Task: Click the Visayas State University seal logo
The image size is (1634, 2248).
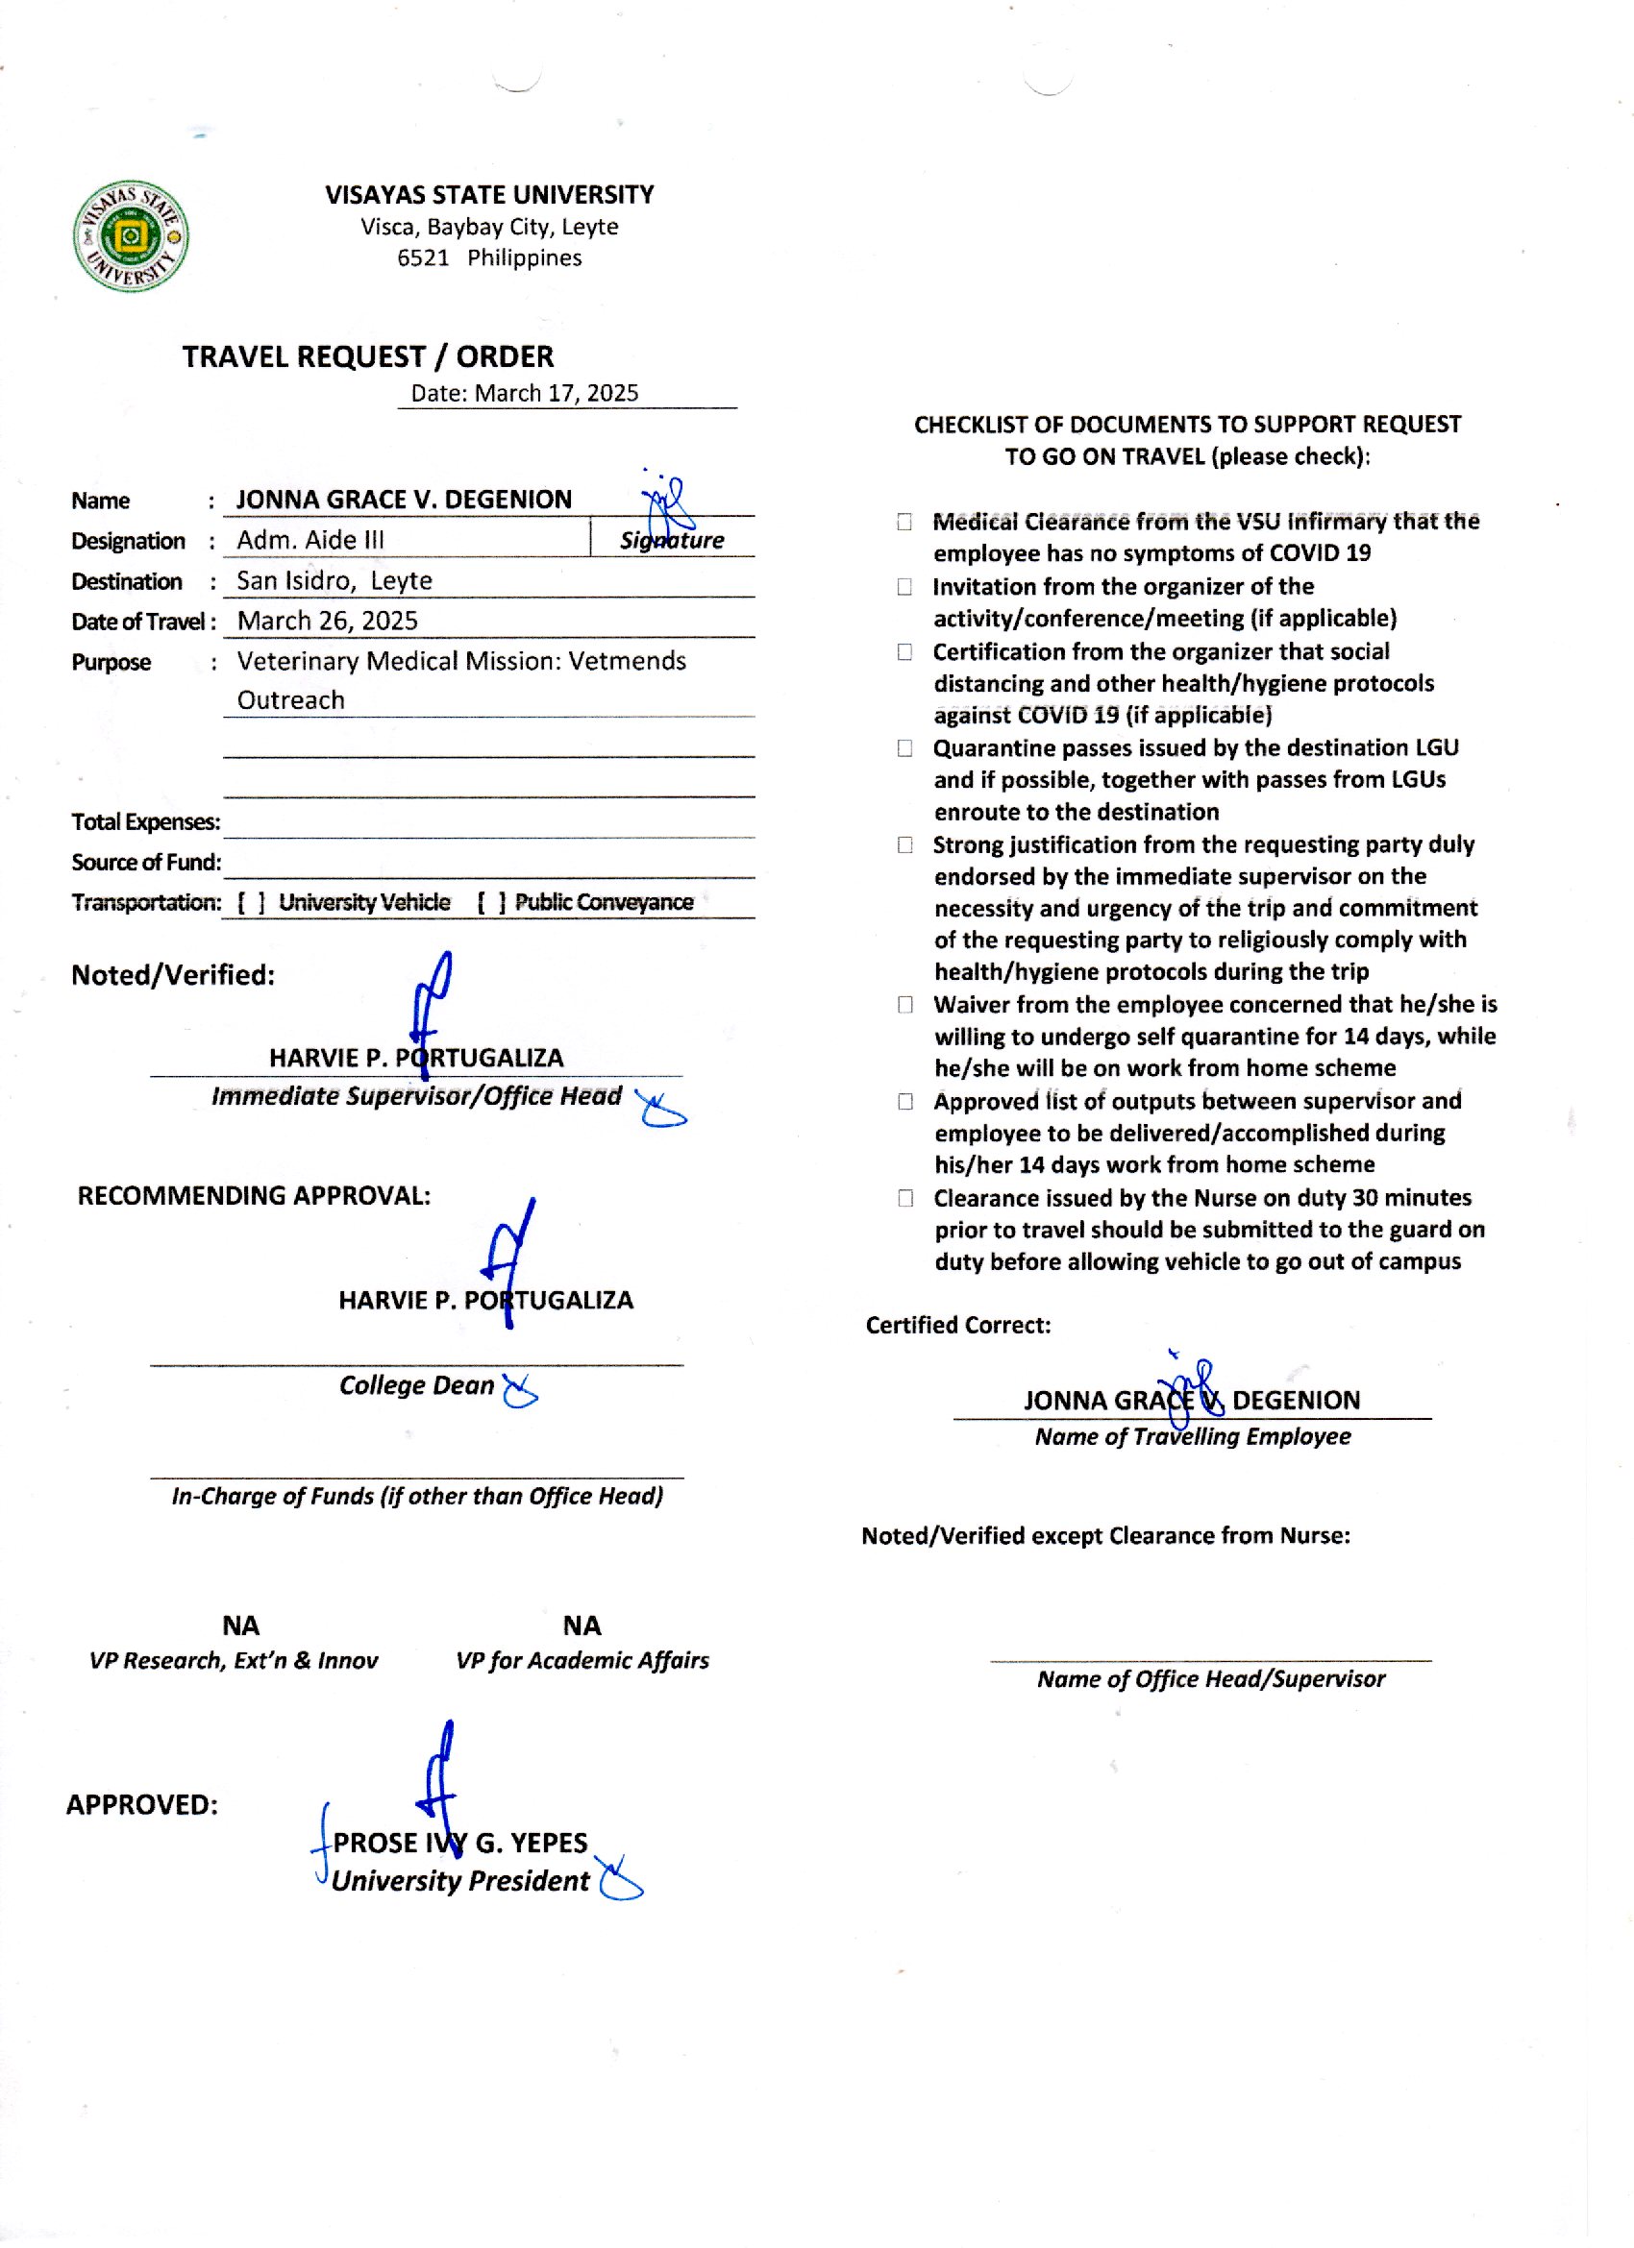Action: point(131,236)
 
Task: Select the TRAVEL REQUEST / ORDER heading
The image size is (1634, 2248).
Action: point(367,356)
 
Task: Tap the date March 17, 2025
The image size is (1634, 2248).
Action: point(525,394)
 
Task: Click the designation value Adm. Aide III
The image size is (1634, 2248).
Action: point(310,540)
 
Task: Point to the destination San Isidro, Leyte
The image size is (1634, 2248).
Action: point(334,581)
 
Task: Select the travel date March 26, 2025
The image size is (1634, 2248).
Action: point(327,622)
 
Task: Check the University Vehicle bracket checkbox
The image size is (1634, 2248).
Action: point(252,903)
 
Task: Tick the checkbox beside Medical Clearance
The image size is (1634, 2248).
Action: point(904,522)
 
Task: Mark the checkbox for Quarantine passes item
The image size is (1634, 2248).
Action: point(904,748)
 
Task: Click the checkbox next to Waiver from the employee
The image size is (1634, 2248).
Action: point(905,1005)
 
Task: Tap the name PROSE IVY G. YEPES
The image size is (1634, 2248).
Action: point(460,1843)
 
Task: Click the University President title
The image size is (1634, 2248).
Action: point(460,1881)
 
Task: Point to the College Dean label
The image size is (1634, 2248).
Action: point(416,1385)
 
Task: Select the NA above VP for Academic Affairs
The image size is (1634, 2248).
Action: point(582,1625)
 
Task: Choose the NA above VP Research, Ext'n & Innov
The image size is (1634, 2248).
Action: point(241,1625)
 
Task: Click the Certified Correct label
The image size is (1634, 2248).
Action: point(957,1326)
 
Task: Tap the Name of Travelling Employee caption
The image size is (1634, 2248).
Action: point(1192,1437)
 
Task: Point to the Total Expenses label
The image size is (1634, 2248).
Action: point(146,822)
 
